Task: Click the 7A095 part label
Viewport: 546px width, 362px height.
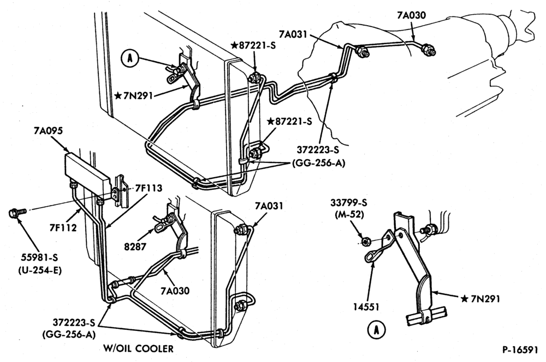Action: [48, 131]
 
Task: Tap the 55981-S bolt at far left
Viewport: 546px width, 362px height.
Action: [17, 212]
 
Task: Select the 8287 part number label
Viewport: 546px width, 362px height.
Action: [135, 246]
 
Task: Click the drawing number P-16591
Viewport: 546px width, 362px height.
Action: [520, 349]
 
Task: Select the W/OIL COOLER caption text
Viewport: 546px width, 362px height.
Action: [138, 348]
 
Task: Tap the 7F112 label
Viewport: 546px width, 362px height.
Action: [63, 228]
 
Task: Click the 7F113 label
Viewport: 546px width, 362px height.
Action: [149, 188]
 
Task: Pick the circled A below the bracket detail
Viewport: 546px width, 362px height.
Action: [376, 330]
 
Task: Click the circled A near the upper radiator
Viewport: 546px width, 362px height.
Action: [129, 58]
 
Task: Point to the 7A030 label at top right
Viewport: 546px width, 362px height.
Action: [411, 15]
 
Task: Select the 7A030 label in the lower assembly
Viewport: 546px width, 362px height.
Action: [175, 291]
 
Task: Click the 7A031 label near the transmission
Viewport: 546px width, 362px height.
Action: [293, 34]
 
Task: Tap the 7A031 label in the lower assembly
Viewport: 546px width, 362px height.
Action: [269, 206]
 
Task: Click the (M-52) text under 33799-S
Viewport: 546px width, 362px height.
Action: [349, 215]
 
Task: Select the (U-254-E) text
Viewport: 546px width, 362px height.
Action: [40, 270]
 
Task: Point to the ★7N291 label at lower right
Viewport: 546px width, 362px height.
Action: [480, 299]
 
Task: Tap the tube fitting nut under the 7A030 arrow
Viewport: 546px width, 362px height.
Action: [427, 50]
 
